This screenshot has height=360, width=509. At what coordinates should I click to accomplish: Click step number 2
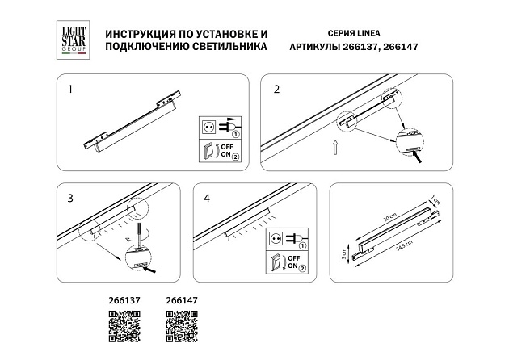(x=276, y=90)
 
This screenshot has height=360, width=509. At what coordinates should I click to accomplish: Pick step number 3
(x=70, y=197)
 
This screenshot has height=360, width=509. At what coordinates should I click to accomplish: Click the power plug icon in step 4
(x=284, y=237)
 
